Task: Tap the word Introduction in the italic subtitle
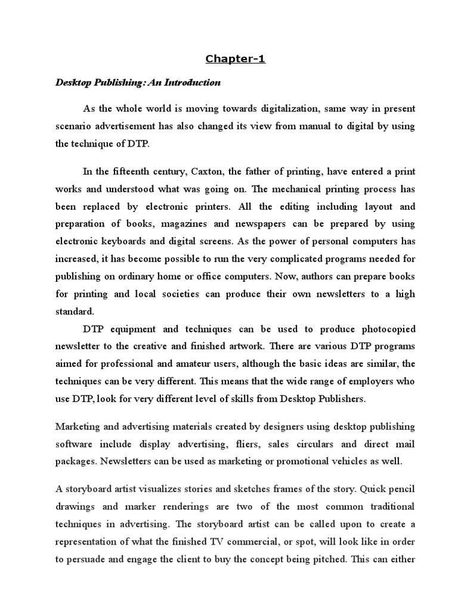(x=195, y=83)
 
